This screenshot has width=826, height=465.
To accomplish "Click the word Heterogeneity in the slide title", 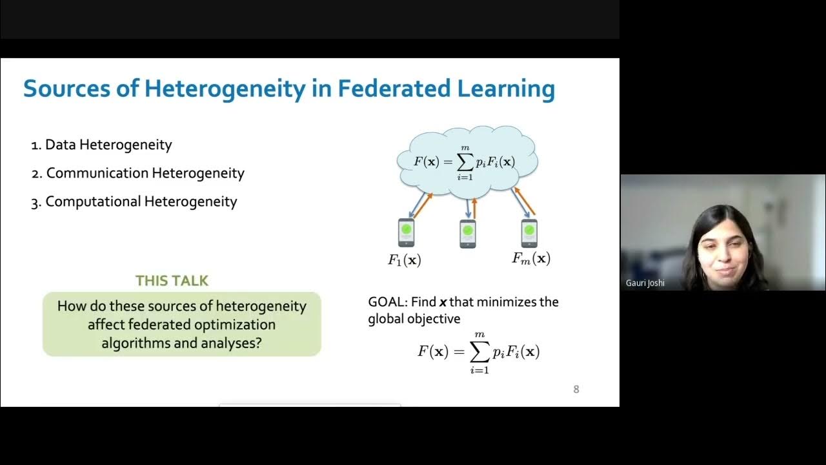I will (225, 88).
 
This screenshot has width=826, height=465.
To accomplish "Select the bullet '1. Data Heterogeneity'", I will (102, 145).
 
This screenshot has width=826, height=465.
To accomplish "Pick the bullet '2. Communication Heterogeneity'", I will (138, 173).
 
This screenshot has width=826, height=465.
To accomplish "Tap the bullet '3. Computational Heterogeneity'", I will (134, 201).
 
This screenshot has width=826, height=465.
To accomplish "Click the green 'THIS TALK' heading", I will (172, 280).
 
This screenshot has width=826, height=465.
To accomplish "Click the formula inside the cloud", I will (465, 161).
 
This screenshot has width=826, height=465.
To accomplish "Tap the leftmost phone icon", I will (406, 232).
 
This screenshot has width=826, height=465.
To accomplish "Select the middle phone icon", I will (467, 234).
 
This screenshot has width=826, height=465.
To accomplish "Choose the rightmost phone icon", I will (529, 232).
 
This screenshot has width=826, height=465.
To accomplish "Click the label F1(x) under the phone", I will (404, 260).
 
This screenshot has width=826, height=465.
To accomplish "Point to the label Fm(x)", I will (531, 258).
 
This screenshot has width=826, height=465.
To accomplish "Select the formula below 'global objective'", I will (478, 352).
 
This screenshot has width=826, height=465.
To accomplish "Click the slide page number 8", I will (576, 389).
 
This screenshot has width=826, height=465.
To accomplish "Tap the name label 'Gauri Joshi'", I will (645, 283).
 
